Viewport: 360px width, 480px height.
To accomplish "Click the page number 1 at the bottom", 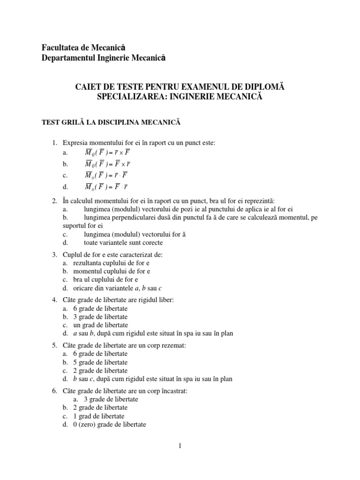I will click(x=180, y=446).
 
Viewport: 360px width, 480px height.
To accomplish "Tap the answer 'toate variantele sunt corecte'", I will click(x=124, y=242).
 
